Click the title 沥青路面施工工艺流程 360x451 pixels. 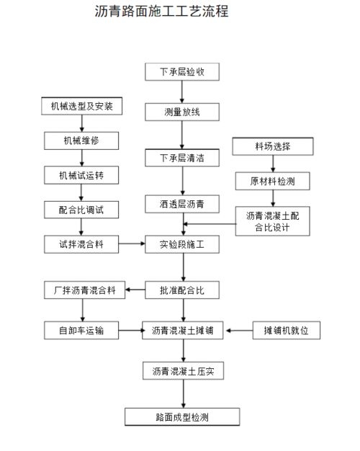click(x=161, y=12)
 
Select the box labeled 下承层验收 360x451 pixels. click(x=182, y=72)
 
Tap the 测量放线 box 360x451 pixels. click(x=182, y=112)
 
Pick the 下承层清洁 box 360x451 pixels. click(x=182, y=158)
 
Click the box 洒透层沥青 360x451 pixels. click(x=182, y=205)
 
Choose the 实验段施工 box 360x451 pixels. click(x=182, y=245)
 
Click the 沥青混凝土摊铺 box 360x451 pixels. click(x=182, y=331)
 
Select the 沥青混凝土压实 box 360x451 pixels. click(x=182, y=372)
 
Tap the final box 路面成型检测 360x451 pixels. click(x=182, y=416)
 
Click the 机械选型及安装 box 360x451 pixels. click(x=81, y=107)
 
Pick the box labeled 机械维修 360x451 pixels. click(x=81, y=140)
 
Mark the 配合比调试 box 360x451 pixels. click(x=81, y=210)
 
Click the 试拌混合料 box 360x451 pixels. click(x=81, y=245)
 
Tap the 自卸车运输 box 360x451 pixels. click(x=81, y=331)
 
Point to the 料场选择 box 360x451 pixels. click(x=272, y=146)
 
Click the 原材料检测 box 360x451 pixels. click(x=272, y=180)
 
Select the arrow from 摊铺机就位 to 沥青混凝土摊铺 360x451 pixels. click(x=238, y=331)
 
